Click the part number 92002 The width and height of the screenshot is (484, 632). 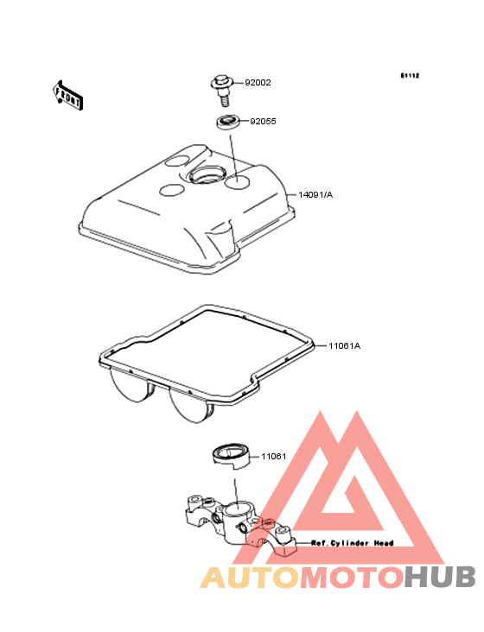[258, 83]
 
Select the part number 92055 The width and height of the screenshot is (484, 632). [263, 122]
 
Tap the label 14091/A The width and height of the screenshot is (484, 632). [315, 194]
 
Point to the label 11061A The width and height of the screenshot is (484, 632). [345, 346]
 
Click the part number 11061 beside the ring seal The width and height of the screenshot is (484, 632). [273, 456]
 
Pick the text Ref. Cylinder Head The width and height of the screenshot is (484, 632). [352, 543]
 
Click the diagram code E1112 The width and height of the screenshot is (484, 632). [410, 75]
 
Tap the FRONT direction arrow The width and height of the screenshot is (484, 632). [67, 95]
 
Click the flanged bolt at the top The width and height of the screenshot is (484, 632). [223, 91]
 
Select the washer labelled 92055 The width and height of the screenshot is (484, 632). [228, 122]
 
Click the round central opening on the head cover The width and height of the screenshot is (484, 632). [207, 174]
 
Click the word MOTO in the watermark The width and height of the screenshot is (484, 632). [352, 578]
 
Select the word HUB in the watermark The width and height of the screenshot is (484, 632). [440, 578]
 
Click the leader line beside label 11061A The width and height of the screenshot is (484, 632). [321, 346]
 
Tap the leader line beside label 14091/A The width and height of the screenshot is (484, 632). [292, 194]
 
